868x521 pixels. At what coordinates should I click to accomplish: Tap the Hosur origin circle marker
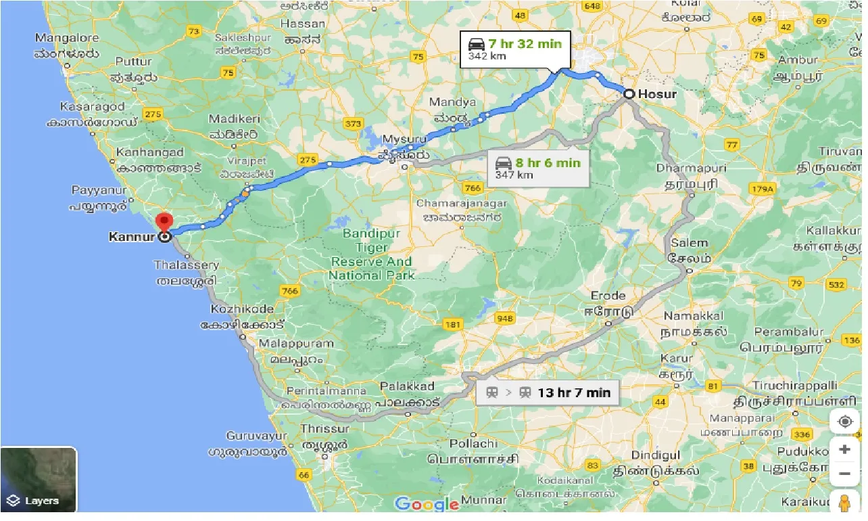pyautogui.click(x=629, y=94)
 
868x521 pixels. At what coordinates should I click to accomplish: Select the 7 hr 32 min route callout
pyautogui.click(x=515, y=49)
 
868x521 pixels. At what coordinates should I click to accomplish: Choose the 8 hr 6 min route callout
pyautogui.click(x=538, y=168)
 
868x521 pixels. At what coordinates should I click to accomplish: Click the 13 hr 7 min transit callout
pyautogui.click(x=548, y=392)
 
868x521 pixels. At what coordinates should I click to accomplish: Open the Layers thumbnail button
pyautogui.click(x=39, y=479)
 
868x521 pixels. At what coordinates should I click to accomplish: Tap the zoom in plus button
pyautogui.click(x=844, y=449)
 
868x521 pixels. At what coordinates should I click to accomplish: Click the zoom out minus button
pyautogui.click(x=844, y=474)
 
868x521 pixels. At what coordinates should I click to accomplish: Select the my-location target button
pyautogui.click(x=844, y=422)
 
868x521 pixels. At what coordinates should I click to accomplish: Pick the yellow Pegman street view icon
pyautogui.click(x=844, y=504)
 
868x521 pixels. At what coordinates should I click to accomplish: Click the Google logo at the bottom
pyautogui.click(x=427, y=504)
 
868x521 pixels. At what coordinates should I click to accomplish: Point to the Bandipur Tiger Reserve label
pyautogui.click(x=371, y=254)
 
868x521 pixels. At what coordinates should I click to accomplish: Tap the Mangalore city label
pyautogui.click(x=66, y=39)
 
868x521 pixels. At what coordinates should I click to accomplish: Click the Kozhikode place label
pyautogui.click(x=242, y=309)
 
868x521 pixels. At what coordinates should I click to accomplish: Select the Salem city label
pyautogui.click(x=689, y=243)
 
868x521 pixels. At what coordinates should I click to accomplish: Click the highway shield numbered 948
pyautogui.click(x=504, y=319)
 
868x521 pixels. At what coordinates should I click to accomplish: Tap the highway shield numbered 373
pyautogui.click(x=352, y=123)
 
